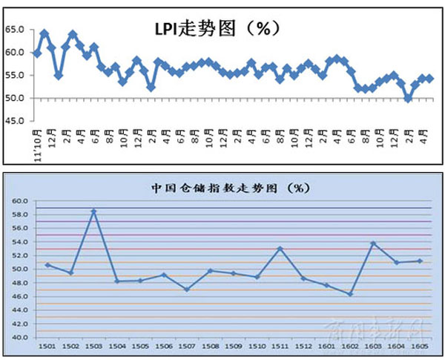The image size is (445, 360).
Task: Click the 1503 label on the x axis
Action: point(93,347)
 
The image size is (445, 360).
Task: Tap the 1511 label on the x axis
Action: point(279,347)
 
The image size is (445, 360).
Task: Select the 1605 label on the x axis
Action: point(419,347)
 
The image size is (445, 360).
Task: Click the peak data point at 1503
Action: point(93,212)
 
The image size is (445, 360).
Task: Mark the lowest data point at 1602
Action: point(349,294)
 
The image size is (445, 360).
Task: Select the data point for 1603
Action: point(373,243)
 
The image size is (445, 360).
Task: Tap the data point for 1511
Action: point(280,249)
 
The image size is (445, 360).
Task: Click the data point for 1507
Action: point(186,289)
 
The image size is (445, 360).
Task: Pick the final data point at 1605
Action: point(420,261)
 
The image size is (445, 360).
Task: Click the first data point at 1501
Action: point(47,265)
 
